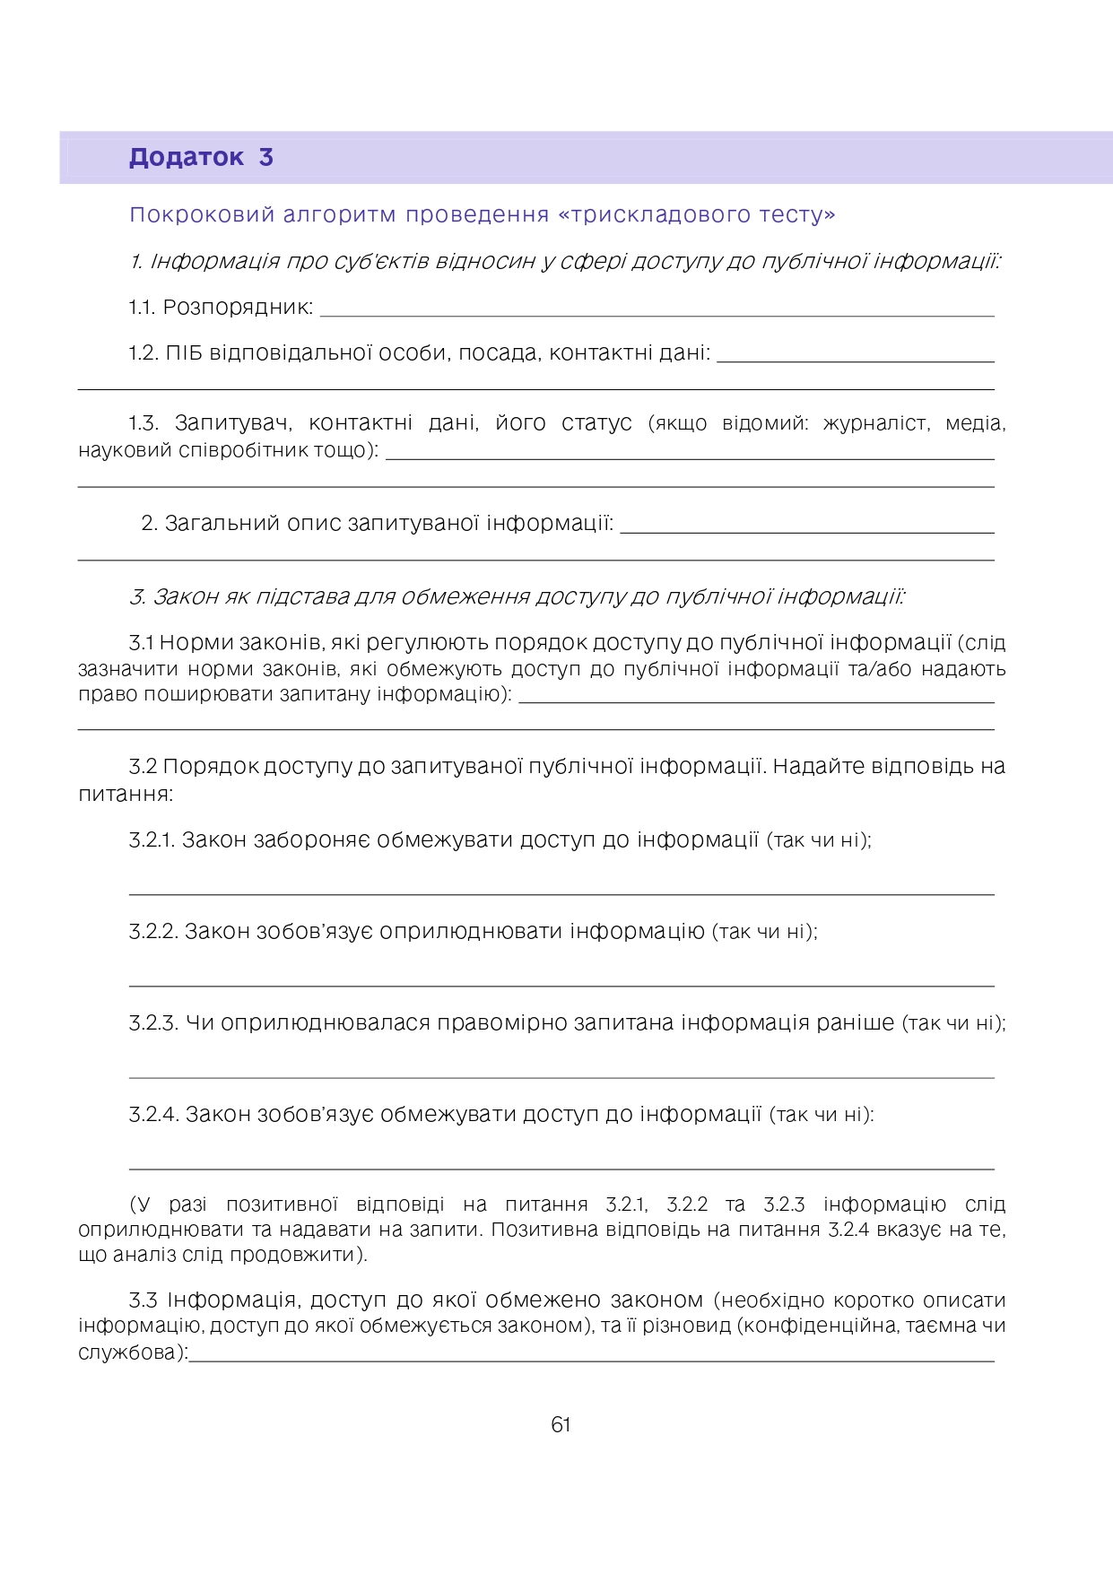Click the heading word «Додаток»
pos(186,158)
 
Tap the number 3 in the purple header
pos(265,158)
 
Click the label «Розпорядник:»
pos(238,308)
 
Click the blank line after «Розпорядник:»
pos(656,313)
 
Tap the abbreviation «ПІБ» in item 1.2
pos(184,353)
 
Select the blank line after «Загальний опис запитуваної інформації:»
pos(807,530)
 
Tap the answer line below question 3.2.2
pos(561,985)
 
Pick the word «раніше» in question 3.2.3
pos(855,1023)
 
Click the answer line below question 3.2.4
pos(561,1168)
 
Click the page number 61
pos(561,1425)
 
